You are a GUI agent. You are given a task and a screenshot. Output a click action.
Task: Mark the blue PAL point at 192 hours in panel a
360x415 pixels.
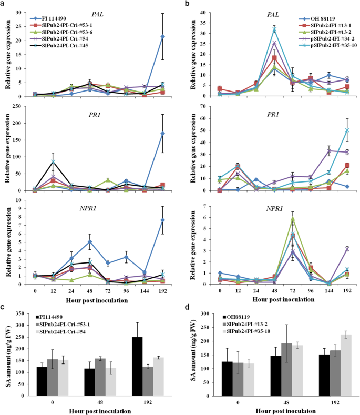162,36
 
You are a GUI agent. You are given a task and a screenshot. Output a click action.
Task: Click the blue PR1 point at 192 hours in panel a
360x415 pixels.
162,134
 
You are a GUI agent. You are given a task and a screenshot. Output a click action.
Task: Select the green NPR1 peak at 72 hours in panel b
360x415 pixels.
292,219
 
